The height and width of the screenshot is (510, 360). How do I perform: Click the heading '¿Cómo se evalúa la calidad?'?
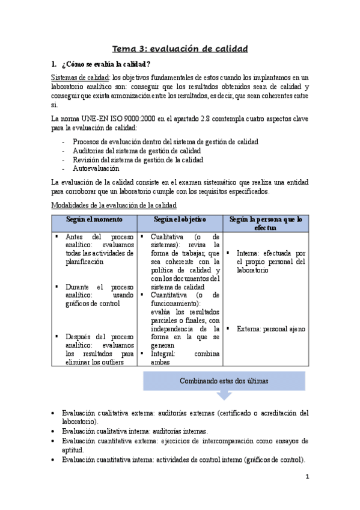click(x=105, y=64)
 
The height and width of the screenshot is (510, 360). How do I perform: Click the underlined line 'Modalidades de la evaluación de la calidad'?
click(x=113, y=206)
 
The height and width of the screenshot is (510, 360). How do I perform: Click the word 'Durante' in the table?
click(x=79, y=287)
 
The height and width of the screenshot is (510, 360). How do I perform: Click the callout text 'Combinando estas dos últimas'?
click(x=224, y=382)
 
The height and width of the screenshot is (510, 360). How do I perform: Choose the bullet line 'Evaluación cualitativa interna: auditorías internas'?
click(x=135, y=431)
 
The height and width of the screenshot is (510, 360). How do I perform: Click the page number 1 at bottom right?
click(x=307, y=478)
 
